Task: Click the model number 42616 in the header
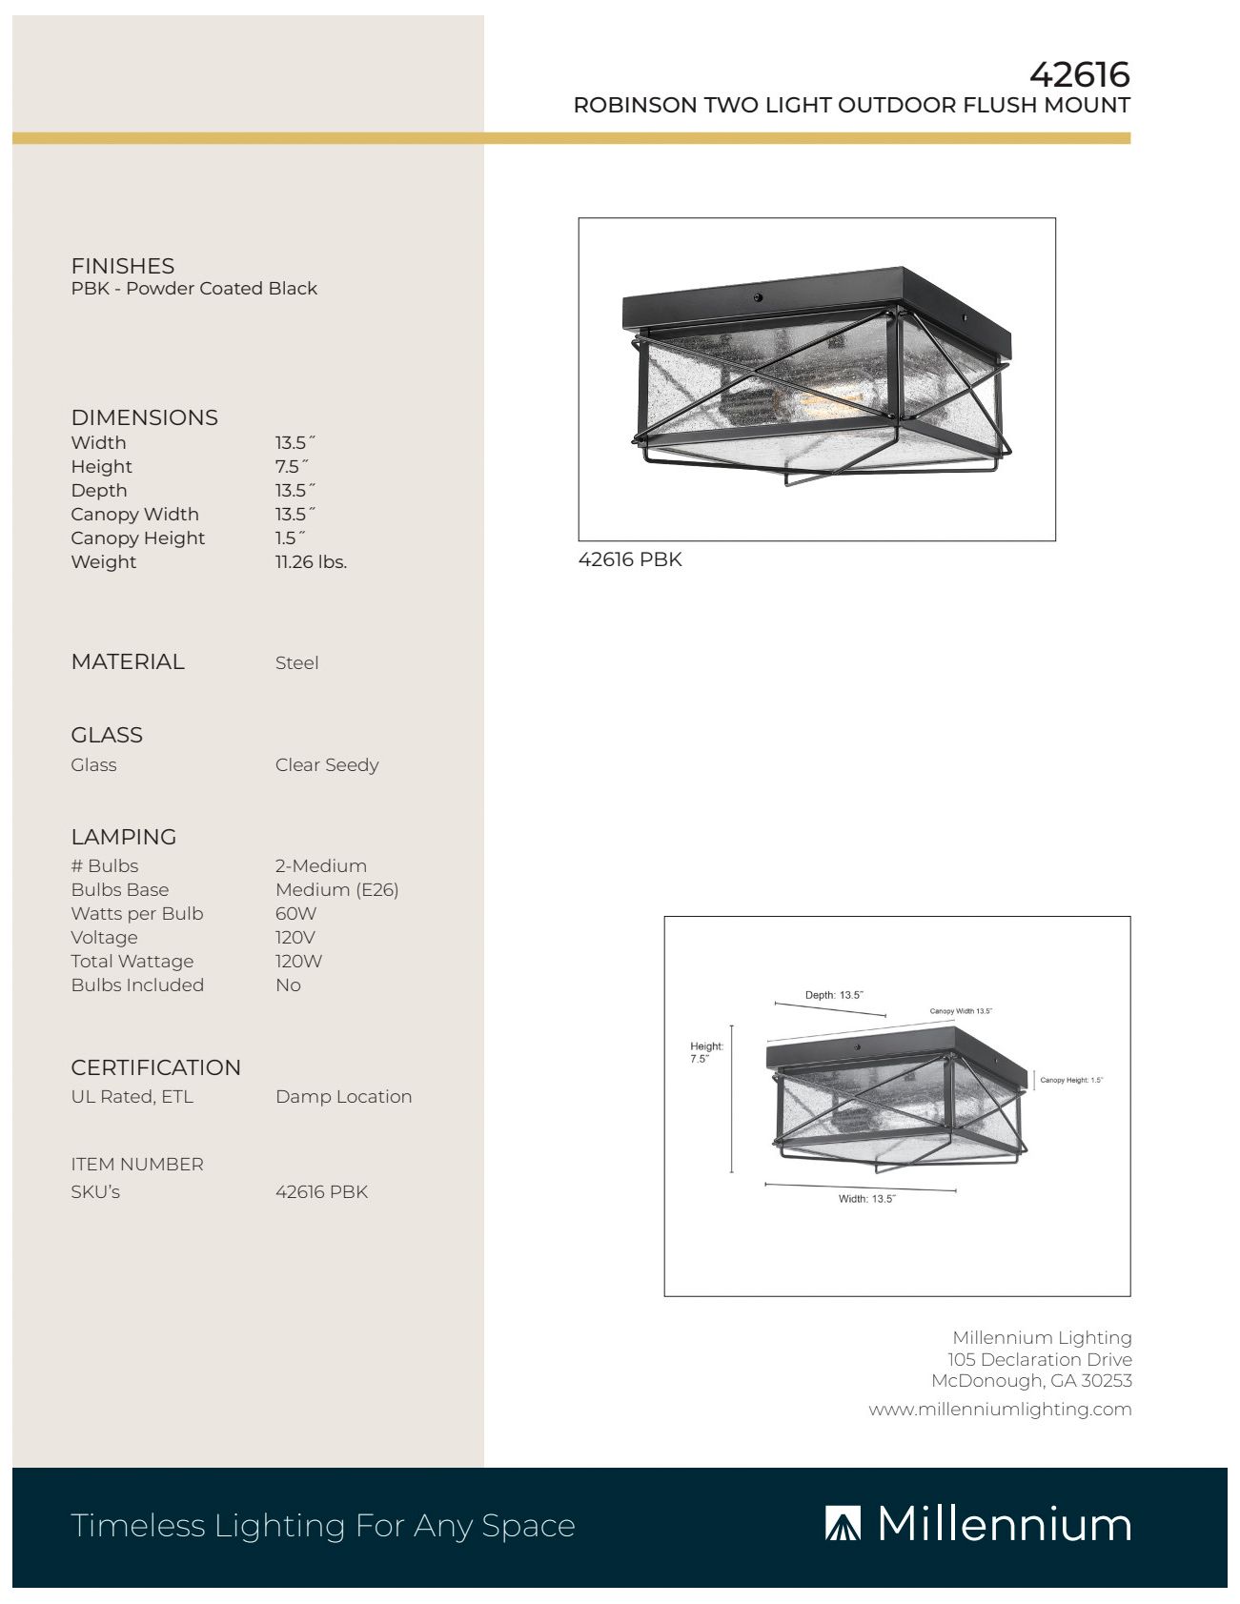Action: (1079, 74)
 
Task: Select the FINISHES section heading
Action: (122, 266)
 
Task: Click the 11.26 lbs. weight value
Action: (311, 562)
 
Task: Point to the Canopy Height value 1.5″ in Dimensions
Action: (290, 538)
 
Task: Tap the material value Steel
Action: (296, 663)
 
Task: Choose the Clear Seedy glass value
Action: (327, 765)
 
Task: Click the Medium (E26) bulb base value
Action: (336, 890)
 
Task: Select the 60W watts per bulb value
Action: (295, 914)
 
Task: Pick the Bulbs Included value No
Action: (288, 985)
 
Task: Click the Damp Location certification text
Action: (343, 1097)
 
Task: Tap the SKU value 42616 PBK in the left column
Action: (321, 1192)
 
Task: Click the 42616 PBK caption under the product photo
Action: (630, 559)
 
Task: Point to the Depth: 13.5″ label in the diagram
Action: (834, 995)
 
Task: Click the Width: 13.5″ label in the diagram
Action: (866, 1199)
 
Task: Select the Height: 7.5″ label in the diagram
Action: (706, 1052)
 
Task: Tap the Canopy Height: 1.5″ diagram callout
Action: (1070, 1081)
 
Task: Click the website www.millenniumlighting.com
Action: (1000, 1410)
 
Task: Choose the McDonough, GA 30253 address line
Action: (1031, 1381)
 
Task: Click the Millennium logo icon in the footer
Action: (843, 1525)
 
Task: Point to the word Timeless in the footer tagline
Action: (137, 1526)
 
